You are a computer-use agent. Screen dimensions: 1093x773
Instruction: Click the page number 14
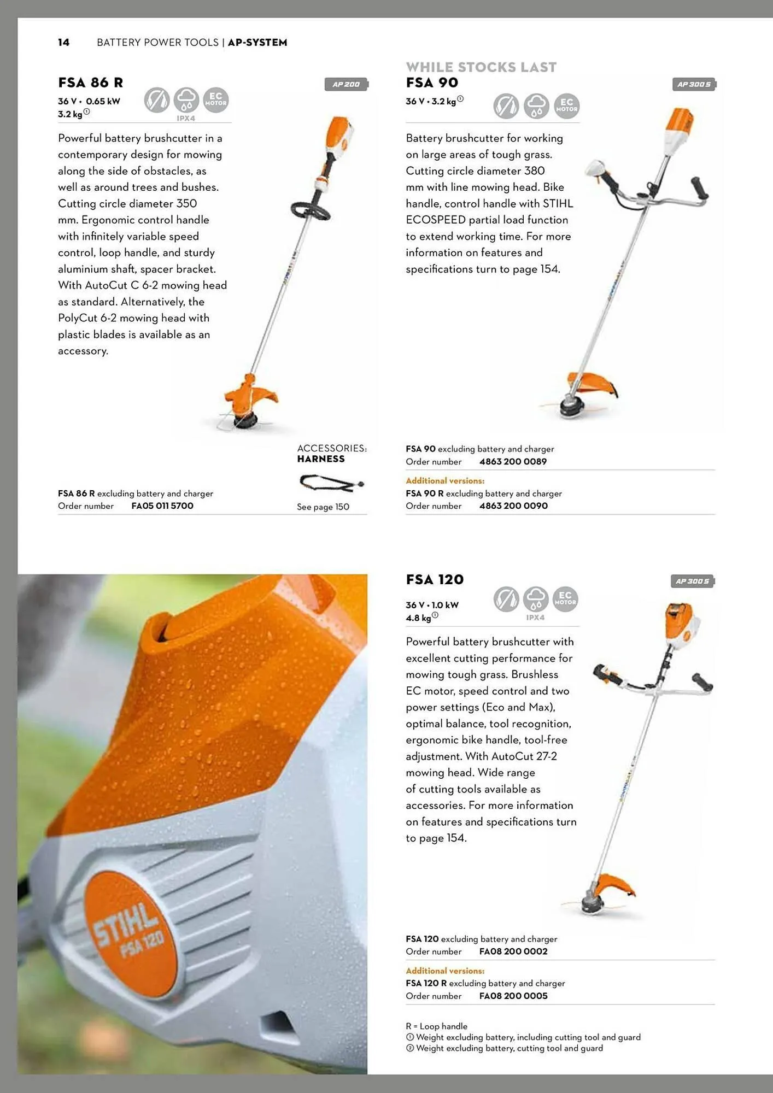point(64,43)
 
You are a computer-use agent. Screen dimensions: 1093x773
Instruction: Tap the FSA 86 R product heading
point(91,83)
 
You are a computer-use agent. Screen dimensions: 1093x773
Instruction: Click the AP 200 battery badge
point(347,84)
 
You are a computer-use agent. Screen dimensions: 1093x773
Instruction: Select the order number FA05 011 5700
point(162,506)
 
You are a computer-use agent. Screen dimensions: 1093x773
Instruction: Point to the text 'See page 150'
point(323,507)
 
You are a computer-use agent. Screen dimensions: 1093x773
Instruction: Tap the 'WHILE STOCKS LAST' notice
point(481,67)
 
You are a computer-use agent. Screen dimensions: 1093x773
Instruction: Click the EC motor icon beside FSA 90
point(566,105)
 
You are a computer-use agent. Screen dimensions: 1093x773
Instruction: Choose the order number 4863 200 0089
point(513,462)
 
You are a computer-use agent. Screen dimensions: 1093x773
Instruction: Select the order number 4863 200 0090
point(513,506)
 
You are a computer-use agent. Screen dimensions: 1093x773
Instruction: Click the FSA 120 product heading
point(435,580)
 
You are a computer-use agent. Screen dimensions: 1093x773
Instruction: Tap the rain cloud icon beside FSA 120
point(536,599)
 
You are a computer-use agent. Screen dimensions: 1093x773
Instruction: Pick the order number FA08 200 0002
point(513,951)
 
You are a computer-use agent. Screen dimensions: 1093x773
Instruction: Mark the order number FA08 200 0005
point(513,996)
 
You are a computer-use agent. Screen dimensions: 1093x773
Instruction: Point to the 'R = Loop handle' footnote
point(436,1026)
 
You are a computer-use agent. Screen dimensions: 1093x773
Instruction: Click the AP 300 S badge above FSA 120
point(693,581)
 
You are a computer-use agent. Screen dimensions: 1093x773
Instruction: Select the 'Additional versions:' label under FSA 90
point(445,481)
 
